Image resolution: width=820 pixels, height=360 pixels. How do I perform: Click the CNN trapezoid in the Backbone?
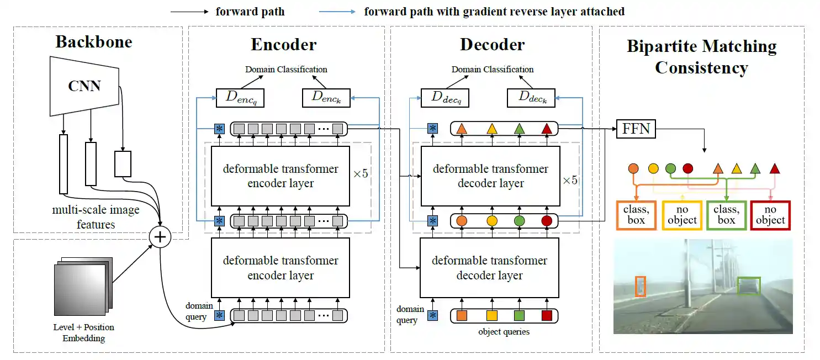click(85, 86)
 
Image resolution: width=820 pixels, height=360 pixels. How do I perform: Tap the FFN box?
click(635, 130)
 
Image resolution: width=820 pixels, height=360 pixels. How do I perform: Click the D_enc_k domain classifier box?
click(326, 98)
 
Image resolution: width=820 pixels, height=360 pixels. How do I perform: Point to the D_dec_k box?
click(531, 98)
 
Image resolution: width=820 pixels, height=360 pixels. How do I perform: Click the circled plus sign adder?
click(160, 237)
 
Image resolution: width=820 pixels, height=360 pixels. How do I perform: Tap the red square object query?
click(547, 316)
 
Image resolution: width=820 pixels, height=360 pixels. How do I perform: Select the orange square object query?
click(463, 316)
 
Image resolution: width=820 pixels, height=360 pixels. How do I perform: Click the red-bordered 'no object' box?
click(770, 215)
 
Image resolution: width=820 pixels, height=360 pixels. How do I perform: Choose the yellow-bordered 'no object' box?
click(682, 215)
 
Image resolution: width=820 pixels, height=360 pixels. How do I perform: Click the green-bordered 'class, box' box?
click(726, 215)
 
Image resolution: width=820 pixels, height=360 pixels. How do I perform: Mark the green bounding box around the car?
click(749, 286)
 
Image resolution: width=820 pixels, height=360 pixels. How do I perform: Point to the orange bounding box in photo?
click(640, 286)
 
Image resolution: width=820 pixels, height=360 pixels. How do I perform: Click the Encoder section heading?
click(284, 45)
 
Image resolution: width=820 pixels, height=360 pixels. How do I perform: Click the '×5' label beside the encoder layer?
click(361, 173)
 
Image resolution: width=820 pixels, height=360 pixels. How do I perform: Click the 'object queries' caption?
click(504, 332)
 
